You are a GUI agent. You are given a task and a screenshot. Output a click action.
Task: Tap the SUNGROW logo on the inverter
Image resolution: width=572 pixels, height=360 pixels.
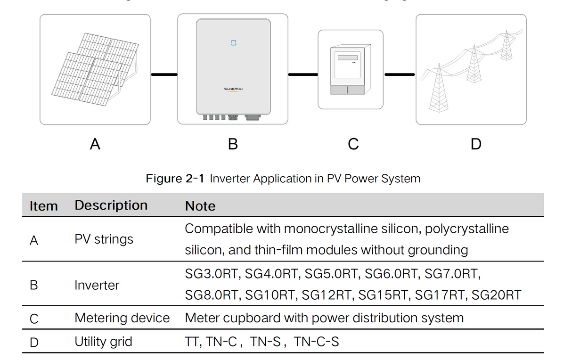coord(233,89)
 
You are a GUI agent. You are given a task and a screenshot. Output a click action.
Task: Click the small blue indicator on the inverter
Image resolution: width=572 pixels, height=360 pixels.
coord(233,43)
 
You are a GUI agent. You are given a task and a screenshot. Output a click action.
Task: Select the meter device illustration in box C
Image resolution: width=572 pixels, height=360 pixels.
coord(351,70)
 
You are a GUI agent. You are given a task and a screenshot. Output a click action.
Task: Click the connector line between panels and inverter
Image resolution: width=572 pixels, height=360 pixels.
coord(164,74)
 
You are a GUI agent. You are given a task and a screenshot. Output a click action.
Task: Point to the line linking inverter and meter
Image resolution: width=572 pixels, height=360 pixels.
coord(302,74)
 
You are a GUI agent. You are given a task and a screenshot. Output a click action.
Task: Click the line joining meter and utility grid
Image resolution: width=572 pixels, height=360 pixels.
coord(400,74)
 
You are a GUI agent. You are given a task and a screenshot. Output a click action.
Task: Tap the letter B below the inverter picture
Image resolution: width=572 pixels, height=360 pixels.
coord(233,144)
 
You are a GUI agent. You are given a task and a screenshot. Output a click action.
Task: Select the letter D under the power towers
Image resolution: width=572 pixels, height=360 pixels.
coord(476,144)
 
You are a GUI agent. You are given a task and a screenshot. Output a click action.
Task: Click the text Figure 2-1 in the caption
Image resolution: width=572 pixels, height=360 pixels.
coord(175,179)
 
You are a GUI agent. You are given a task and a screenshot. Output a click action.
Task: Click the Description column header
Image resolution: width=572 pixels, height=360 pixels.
coord(111,205)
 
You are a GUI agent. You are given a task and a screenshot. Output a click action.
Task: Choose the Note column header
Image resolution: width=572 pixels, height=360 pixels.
coord(200,206)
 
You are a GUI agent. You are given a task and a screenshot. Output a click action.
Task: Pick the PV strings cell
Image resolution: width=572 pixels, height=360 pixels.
coord(104,239)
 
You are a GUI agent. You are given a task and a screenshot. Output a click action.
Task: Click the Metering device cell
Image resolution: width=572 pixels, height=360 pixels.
coord(122,318)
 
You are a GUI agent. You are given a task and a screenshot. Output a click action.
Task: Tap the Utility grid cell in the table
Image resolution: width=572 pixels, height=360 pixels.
coord(103,341)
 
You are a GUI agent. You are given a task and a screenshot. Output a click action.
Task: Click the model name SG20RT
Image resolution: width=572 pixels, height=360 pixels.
coord(496,295)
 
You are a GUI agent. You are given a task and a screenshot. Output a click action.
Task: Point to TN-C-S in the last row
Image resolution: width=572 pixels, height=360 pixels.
coord(316,342)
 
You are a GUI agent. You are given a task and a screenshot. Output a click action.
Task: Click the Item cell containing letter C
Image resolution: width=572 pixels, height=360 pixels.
coord(34,319)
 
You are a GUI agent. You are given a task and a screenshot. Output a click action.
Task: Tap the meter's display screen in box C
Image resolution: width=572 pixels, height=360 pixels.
coord(347,57)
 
